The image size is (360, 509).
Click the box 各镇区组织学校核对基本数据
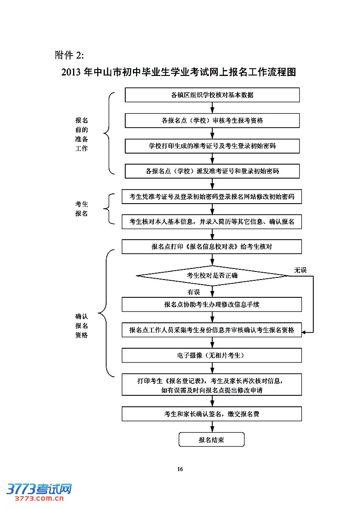pyautogui.click(x=212, y=95)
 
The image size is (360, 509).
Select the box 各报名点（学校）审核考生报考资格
pyautogui.click(x=212, y=120)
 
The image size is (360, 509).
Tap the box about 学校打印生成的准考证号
pyautogui.click(x=212, y=146)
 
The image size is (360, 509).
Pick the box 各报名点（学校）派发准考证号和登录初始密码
pyautogui.click(x=212, y=171)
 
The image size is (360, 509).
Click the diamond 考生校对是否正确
pyautogui.click(x=212, y=276)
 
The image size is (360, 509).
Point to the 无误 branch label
pyautogui.click(x=300, y=270)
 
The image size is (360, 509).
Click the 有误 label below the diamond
pyautogui.click(x=194, y=292)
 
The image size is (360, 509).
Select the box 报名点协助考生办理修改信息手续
pyautogui.click(x=212, y=305)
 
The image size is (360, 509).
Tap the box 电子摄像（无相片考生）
pyautogui.click(x=212, y=355)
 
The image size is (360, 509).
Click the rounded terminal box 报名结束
pyautogui.click(x=211, y=439)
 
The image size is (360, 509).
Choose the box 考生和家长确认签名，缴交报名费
pyautogui.click(x=212, y=414)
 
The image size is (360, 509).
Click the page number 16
pyautogui.click(x=180, y=469)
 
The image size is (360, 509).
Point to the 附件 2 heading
pyautogui.click(x=70, y=55)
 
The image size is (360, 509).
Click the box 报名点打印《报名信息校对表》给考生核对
pyautogui.click(x=212, y=246)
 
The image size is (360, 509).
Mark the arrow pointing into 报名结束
pyautogui.click(x=212, y=428)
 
